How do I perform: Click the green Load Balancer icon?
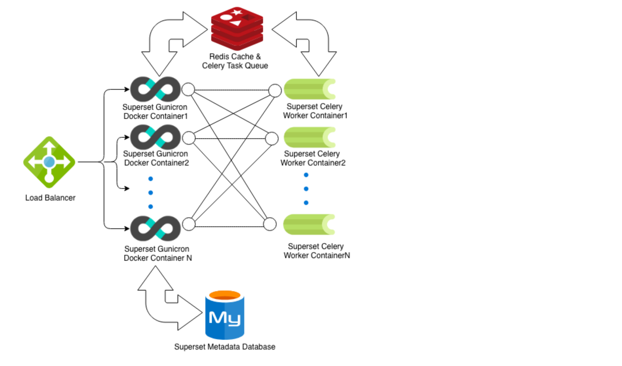click(x=49, y=162)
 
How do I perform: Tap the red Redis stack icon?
click(x=237, y=29)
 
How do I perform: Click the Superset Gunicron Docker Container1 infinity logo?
click(x=155, y=89)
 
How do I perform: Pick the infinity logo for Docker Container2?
click(x=155, y=137)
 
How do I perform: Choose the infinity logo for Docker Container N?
click(x=155, y=228)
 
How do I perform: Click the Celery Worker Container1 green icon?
click(x=309, y=89)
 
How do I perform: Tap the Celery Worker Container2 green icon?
click(x=309, y=137)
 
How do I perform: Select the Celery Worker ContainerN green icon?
click(x=309, y=224)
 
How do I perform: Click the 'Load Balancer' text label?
click(x=50, y=198)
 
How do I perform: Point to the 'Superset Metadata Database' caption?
click(x=225, y=347)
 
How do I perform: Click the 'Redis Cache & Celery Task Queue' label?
click(x=235, y=61)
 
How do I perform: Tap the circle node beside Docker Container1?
click(x=188, y=89)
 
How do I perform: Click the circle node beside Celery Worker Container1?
click(x=275, y=90)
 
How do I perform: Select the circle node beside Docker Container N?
click(x=189, y=224)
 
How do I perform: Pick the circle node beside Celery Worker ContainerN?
click(x=270, y=224)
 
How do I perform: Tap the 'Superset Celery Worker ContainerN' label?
click(x=317, y=251)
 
